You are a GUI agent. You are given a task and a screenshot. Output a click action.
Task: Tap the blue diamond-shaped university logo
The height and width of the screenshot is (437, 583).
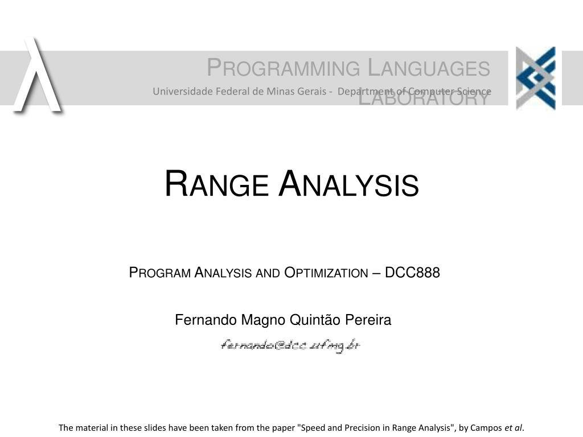point(535,78)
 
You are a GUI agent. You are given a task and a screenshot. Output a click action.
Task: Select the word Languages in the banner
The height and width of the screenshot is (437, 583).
point(429,68)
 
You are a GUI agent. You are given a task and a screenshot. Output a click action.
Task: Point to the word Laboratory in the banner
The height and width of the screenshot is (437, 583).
point(424,98)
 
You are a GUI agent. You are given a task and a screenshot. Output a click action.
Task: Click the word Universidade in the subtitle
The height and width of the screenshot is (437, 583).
point(178,91)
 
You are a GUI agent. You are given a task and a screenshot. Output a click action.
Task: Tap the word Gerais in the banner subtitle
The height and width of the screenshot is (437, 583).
point(311,91)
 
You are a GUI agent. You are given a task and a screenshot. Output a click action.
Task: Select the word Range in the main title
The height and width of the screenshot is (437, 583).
point(216,185)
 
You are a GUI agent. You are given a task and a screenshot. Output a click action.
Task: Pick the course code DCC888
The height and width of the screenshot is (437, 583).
point(413,273)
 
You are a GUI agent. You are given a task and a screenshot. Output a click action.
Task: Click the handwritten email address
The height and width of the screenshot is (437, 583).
point(291,345)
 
